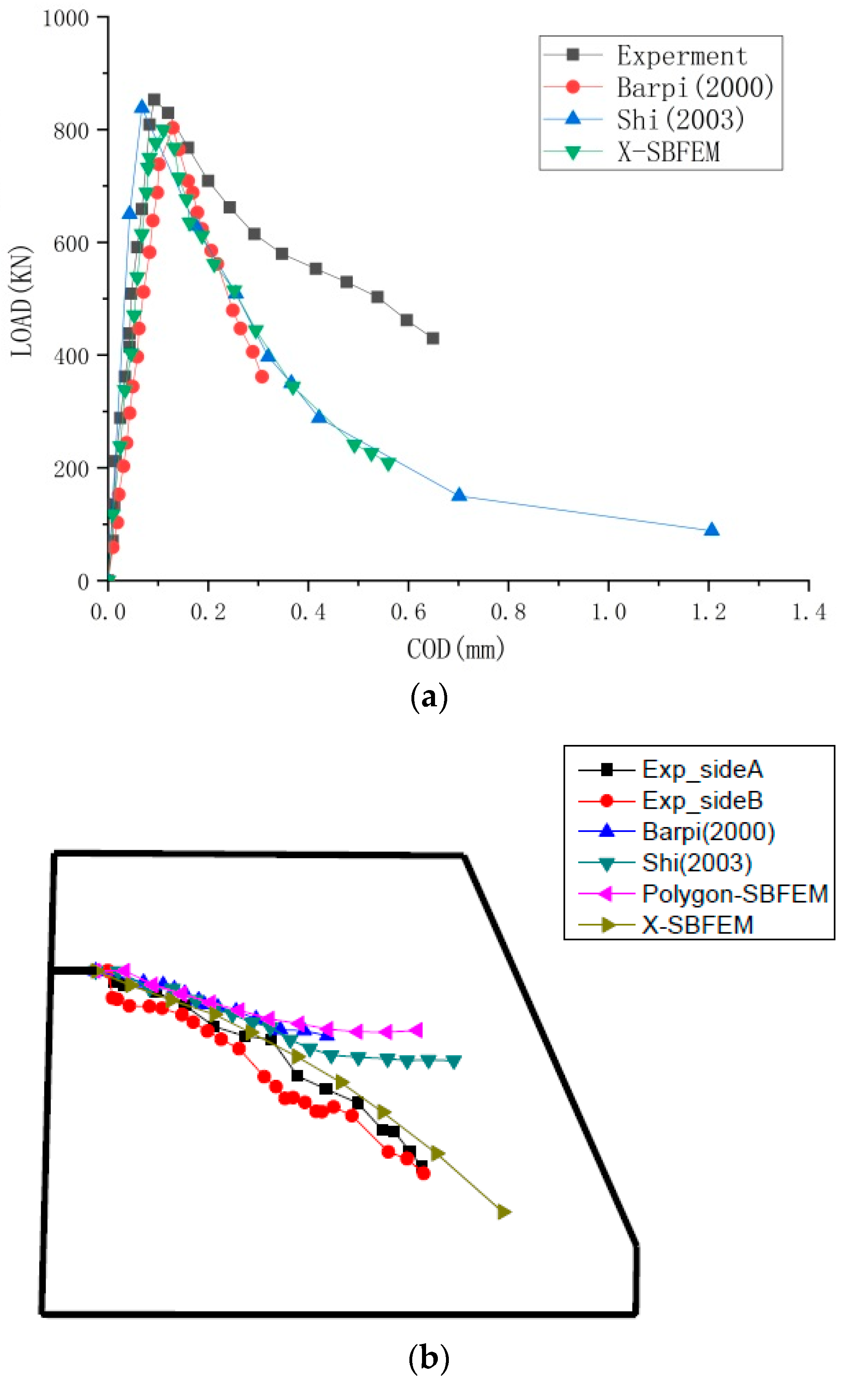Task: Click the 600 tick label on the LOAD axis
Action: [x=71, y=243]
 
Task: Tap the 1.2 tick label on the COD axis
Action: [x=708, y=612]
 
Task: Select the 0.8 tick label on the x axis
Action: [x=508, y=612]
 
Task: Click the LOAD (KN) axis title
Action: [x=21, y=300]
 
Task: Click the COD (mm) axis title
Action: [x=455, y=649]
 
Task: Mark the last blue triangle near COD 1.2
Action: [x=711, y=529]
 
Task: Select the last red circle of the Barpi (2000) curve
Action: [x=262, y=377]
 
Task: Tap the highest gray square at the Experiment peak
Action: [x=154, y=100]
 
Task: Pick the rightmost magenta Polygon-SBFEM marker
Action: [x=415, y=1031]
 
